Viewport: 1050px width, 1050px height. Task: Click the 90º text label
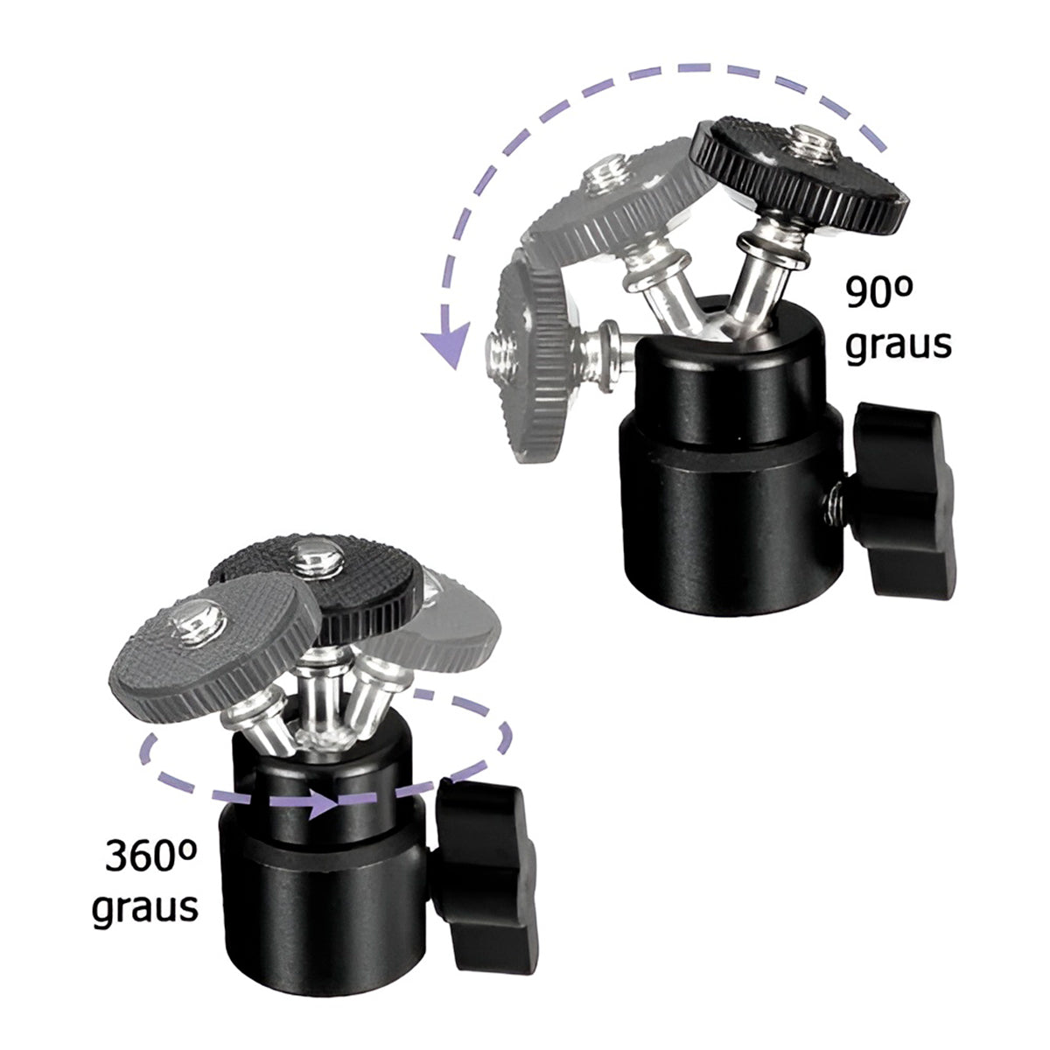(x=878, y=292)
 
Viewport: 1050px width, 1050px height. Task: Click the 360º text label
(x=150, y=856)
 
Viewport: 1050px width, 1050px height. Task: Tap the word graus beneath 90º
(x=898, y=346)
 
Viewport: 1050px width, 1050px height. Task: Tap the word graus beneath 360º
(x=145, y=907)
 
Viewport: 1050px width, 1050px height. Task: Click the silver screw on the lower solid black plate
(x=318, y=558)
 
